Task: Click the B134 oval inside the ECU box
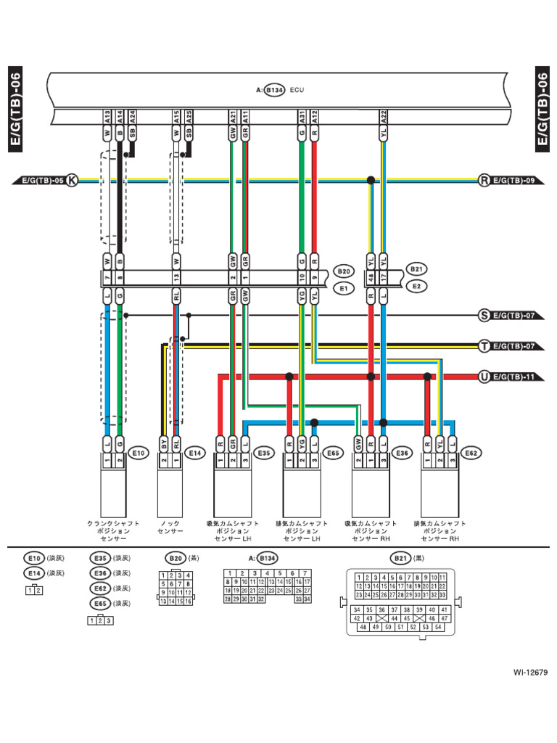click(x=273, y=91)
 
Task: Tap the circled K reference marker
click(x=71, y=180)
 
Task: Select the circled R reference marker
click(x=484, y=180)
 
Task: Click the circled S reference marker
click(x=484, y=316)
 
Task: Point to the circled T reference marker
click(x=484, y=346)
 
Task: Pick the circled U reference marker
click(x=484, y=377)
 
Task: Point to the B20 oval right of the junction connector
click(x=344, y=271)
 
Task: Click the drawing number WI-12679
click(x=529, y=672)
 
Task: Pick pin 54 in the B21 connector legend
click(x=437, y=626)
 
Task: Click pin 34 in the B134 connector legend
click(x=307, y=599)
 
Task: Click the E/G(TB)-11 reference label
click(x=513, y=377)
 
